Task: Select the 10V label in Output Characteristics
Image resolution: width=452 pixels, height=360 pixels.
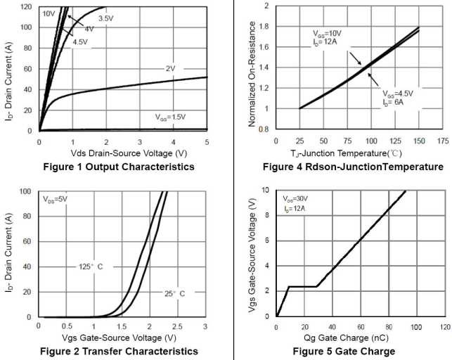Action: click(x=49, y=13)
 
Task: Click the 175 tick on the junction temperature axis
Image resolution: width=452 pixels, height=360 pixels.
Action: click(x=443, y=141)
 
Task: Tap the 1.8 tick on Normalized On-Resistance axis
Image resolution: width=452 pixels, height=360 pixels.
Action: click(x=265, y=27)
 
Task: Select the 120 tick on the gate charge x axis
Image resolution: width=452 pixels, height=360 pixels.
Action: click(x=443, y=327)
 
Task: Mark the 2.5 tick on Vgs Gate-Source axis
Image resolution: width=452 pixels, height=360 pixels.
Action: click(x=176, y=327)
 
